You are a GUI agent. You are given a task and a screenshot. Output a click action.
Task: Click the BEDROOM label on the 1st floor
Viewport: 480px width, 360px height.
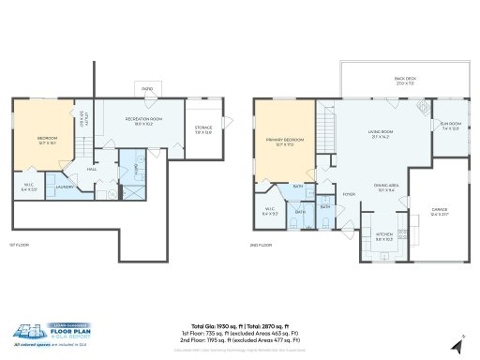point(47,138)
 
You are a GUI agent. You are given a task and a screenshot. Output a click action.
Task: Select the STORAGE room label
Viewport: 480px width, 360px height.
point(203,128)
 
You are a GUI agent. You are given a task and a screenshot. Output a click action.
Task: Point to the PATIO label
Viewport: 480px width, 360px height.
point(147,89)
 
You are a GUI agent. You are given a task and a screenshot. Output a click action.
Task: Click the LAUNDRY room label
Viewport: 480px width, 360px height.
point(65,187)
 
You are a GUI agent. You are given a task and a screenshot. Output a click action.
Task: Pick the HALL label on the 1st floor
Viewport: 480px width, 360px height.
point(92,169)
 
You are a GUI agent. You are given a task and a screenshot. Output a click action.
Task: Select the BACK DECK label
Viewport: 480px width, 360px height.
point(405,82)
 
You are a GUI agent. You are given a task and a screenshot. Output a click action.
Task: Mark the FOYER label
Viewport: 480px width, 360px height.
point(348,195)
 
